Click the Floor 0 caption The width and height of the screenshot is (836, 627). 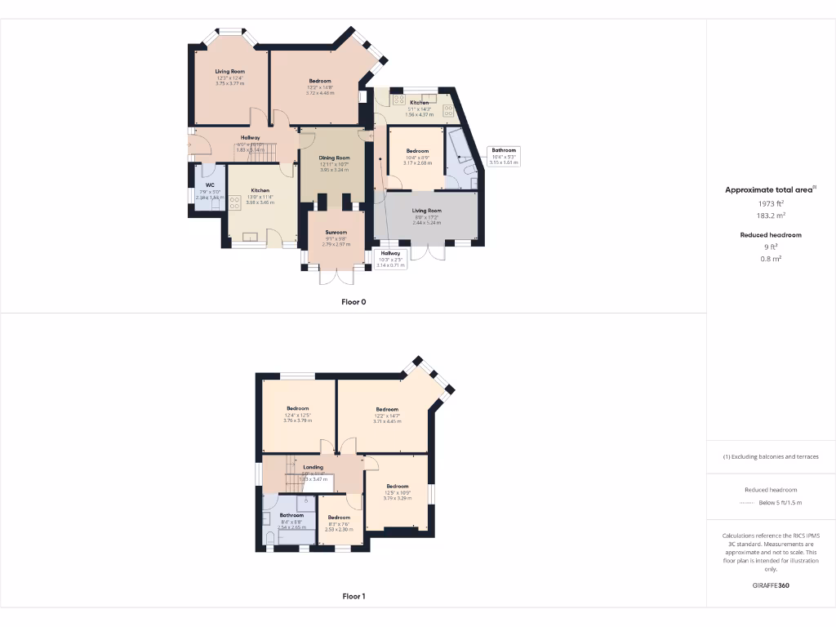pos(354,302)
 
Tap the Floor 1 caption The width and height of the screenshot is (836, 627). pos(354,597)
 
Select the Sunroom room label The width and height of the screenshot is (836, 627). pos(336,233)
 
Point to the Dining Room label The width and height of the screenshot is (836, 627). pos(335,158)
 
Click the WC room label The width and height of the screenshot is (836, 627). pos(210,185)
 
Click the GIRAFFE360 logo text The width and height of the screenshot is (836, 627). pos(771,585)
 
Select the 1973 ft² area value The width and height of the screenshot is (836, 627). pos(771,204)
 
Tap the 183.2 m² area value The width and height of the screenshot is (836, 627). pos(771,216)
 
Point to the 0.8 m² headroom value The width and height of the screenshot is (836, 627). pos(771,259)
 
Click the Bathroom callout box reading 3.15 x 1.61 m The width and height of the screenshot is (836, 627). pos(504,156)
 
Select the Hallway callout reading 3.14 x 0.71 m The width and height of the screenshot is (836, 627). pos(391,259)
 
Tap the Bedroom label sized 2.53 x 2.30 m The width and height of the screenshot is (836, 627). pos(339,518)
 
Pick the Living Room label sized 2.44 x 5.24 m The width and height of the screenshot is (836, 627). pos(426,211)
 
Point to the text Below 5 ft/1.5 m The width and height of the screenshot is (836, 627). pos(780,503)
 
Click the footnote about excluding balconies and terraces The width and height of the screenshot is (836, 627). pos(771,456)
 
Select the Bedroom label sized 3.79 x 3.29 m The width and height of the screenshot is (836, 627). pos(398,487)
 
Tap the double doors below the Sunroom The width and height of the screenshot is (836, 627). pos(336,277)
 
